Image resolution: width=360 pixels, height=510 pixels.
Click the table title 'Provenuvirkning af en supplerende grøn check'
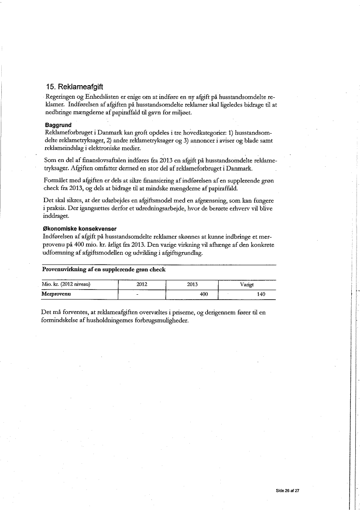tap(103, 269)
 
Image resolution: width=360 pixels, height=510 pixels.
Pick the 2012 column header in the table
tap(142, 284)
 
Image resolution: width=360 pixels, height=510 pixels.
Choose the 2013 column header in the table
tap(192, 284)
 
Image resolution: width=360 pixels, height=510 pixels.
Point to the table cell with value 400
tap(203, 295)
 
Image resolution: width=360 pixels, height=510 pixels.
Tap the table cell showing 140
tap(261, 295)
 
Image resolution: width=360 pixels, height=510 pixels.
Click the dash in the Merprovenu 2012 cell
tap(137, 295)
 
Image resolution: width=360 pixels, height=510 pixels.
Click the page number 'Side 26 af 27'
tap(288, 491)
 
